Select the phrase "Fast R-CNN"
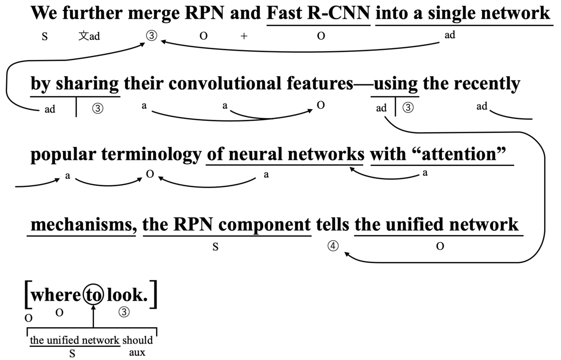point(318,13)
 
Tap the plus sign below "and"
point(244,37)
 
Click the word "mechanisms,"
point(82,225)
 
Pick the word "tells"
point(332,225)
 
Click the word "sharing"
point(87,84)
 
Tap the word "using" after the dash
point(396,84)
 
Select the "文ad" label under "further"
point(89,36)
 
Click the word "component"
point(263,225)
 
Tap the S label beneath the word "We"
point(44,37)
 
